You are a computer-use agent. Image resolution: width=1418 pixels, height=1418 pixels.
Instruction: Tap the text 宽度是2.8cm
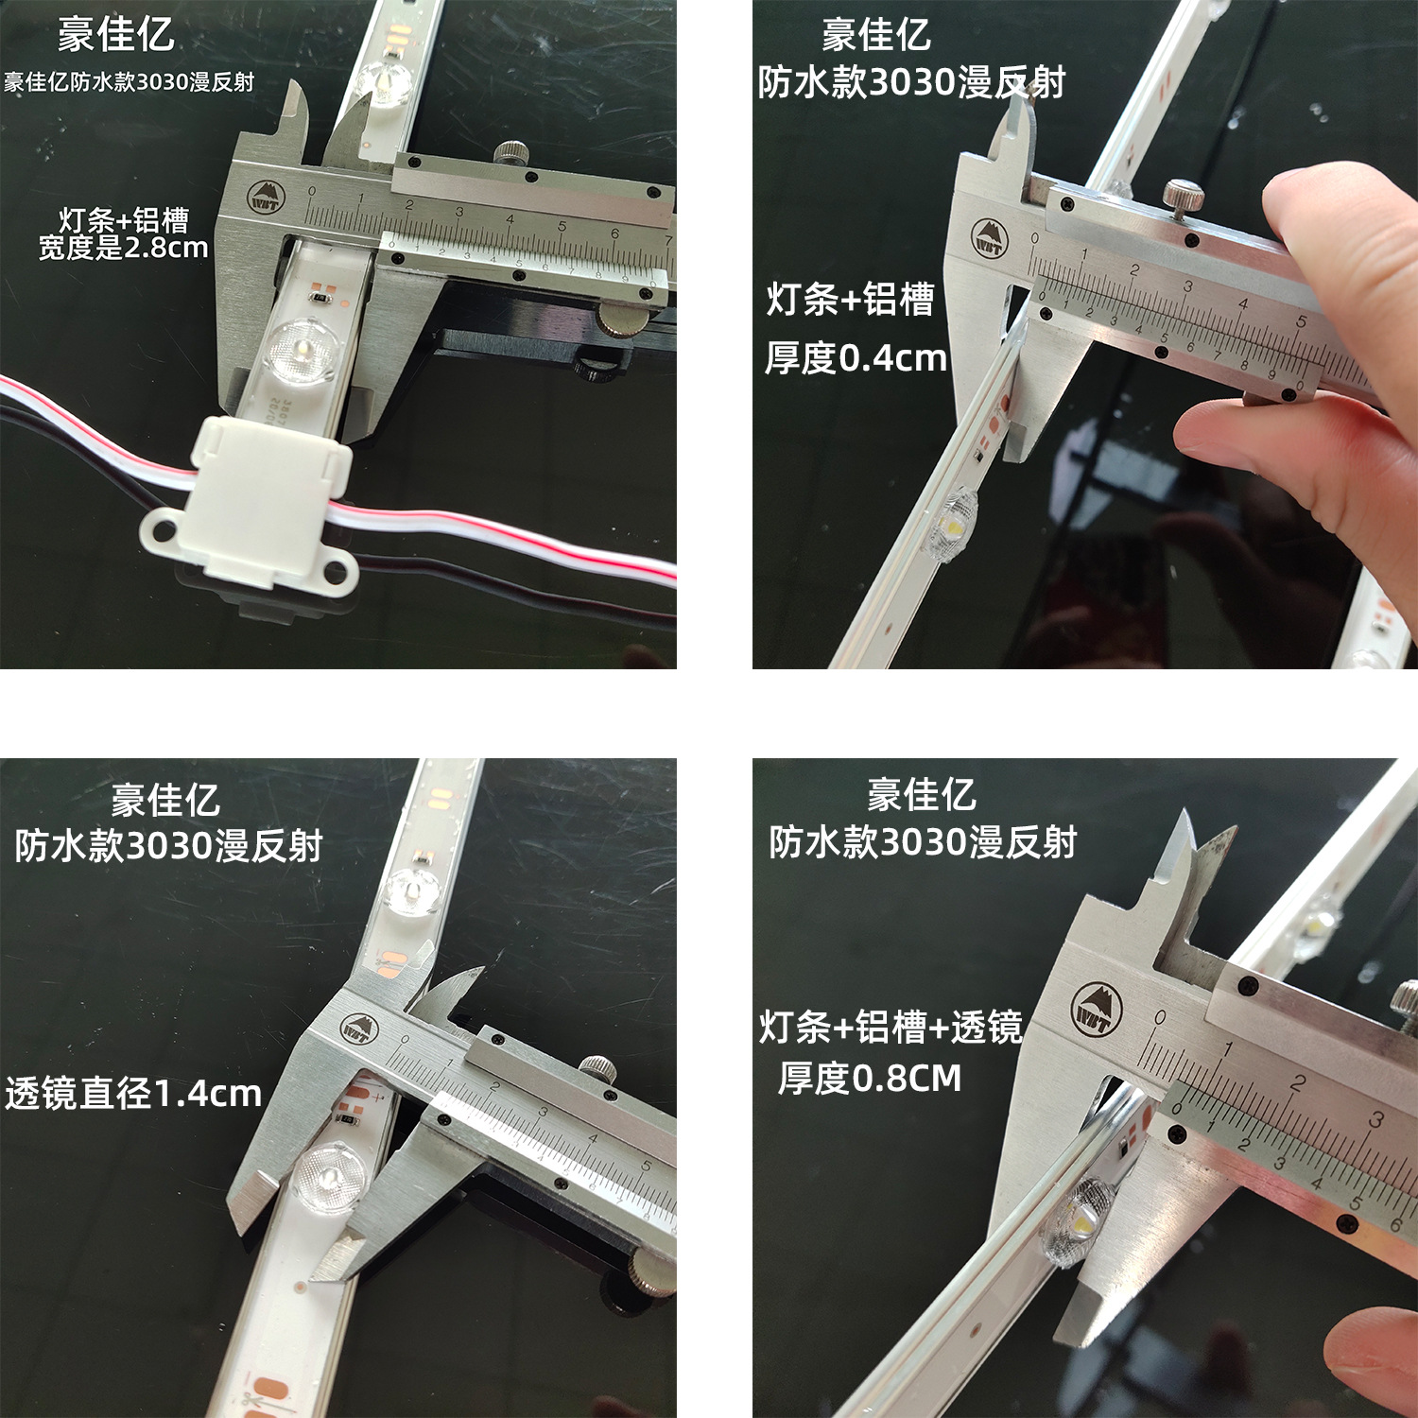123,249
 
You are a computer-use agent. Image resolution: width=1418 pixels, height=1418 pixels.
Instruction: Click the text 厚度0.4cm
856,358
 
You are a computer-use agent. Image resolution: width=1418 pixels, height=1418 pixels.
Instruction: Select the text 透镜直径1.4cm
133,1094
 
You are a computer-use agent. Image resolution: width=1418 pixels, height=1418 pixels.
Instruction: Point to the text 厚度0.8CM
869,1078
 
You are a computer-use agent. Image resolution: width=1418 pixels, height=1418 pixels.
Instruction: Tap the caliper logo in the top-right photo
989,239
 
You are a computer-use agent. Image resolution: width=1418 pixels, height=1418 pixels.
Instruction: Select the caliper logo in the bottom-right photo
1098,1009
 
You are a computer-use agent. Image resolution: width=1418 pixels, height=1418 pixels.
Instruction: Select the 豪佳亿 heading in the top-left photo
115,35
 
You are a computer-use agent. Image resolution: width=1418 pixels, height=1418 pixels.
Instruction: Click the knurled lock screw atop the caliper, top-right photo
1183,196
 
